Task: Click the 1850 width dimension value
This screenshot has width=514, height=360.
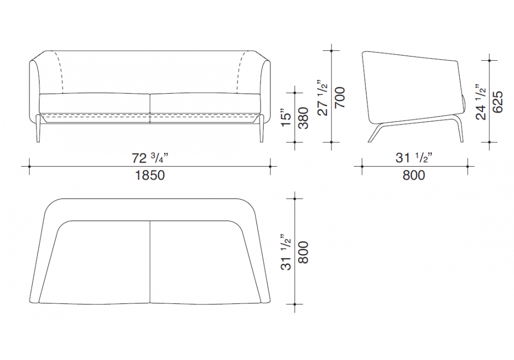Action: [150, 175]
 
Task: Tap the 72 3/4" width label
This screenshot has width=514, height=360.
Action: [150, 158]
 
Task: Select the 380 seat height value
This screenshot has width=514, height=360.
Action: [304, 118]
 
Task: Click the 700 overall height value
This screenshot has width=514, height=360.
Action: [340, 97]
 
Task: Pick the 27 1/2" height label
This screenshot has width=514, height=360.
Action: [323, 97]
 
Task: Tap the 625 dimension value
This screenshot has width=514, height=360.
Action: [498, 102]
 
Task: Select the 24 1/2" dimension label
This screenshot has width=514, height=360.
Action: [480, 102]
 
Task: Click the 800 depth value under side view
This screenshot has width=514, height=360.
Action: [414, 175]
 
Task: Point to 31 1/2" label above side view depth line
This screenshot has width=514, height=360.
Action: [414, 158]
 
